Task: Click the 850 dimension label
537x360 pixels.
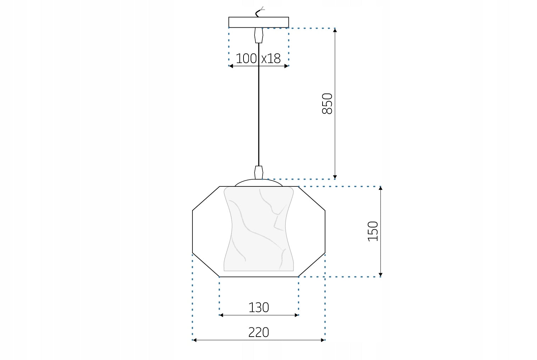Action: pos(327,103)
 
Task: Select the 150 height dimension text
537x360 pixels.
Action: pos(373,231)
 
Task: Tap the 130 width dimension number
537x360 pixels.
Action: pos(259,308)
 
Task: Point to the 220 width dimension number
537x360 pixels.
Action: pos(259,332)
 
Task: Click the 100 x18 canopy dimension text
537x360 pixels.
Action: pos(258,58)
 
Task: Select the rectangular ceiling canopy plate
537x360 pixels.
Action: pos(259,22)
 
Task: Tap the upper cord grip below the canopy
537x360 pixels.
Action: pos(259,35)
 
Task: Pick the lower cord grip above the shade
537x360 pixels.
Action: pos(259,173)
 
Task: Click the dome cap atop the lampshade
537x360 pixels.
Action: pos(259,182)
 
